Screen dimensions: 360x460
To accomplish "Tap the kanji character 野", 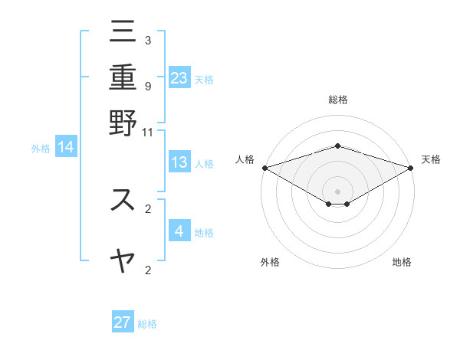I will click(123, 122).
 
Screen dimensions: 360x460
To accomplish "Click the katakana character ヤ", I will click(123, 260).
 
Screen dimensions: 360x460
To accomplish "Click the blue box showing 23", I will click(179, 77).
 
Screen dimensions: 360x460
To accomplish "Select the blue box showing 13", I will click(179, 162).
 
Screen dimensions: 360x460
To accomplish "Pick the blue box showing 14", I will click(66, 147).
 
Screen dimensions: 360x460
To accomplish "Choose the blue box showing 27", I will click(123, 322).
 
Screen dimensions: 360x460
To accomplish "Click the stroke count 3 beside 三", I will click(147, 40).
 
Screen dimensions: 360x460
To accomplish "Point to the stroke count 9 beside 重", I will click(147, 87).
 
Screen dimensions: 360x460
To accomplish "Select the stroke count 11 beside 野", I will click(147, 132).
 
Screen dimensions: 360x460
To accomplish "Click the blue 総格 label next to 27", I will click(147, 324).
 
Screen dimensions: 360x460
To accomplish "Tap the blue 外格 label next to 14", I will click(41, 149).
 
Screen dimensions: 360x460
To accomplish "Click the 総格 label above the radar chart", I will click(337, 100).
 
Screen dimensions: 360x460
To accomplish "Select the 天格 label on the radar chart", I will click(432, 159).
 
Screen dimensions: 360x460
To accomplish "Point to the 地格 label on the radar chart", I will click(402, 262).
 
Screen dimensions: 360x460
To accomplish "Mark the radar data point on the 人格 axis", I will click(264, 168).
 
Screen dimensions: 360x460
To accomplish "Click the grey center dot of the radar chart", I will click(337, 191).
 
